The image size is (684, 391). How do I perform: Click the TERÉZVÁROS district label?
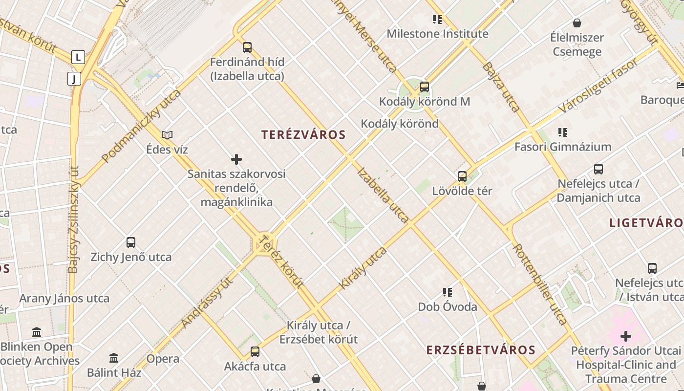[x=303, y=135]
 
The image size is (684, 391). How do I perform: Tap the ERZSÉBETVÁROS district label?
[x=481, y=350]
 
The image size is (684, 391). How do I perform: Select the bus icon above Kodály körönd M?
[x=425, y=87]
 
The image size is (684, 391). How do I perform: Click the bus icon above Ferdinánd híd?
[x=247, y=47]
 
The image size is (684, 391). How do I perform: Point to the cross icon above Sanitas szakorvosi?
[x=236, y=159]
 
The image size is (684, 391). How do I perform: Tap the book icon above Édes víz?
[x=167, y=135]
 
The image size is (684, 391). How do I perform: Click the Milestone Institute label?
[x=437, y=34]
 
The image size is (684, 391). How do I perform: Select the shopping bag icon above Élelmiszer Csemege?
[x=577, y=23]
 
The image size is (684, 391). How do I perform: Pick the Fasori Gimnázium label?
[x=563, y=147]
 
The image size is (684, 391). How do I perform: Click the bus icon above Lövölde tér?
[x=462, y=176]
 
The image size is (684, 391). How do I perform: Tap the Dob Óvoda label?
[x=447, y=307]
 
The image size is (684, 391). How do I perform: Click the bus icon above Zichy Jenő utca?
[x=131, y=242]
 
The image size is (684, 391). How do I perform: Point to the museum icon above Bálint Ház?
[x=114, y=358]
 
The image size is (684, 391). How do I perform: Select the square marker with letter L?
[x=78, y=57]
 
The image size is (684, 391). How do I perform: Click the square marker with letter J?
[x=74, y=79]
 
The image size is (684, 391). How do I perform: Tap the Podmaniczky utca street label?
[x=141, y=126]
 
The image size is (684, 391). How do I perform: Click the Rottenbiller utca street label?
[x=540, y=284]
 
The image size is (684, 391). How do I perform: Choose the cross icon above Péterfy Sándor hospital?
[x=626, y=336]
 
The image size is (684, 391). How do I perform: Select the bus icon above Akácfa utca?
[x=255, y=352]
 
